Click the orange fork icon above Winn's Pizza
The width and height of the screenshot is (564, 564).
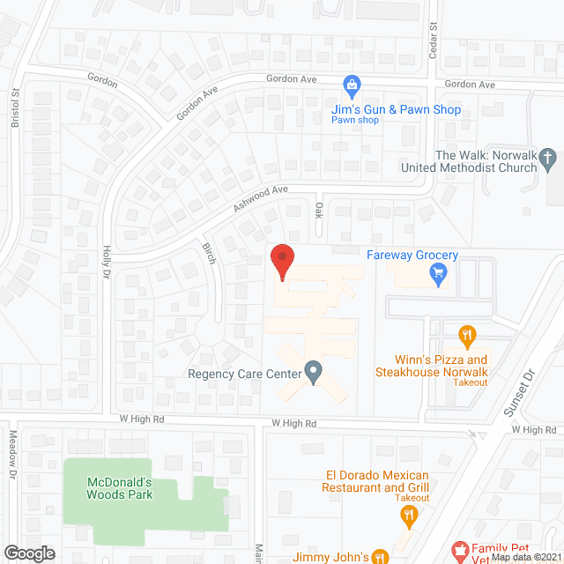click(x=467, y=335)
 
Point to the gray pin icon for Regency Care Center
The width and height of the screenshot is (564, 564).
click(x=313, y=371)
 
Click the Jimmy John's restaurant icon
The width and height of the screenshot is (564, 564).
click(x=380, y=556)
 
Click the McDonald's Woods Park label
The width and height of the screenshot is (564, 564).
click(x=120, y=488)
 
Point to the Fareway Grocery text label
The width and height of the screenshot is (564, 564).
click(x=412, y=256)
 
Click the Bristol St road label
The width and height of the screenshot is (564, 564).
click(x=16, y=108)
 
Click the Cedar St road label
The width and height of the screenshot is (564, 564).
click(x=433, y=41)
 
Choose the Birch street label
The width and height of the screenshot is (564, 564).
click(x=209, y=254)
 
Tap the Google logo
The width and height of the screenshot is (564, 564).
click(x=29, y=553)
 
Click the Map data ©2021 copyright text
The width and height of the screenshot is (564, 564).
click(x=526, y=557)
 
